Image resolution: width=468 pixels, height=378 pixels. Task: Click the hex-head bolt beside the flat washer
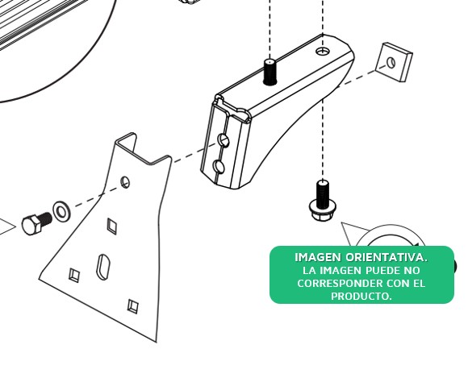click(x=36, y=223)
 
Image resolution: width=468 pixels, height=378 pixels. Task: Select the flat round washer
click(x=62, y=212)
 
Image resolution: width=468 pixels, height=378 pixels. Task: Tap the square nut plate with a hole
click(x=394, y=62)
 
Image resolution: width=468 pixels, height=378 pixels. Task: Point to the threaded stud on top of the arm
click(x=270, y=73)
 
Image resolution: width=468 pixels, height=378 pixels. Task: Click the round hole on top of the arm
click(x=323, y=52)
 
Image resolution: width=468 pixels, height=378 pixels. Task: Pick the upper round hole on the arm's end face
click(x=224, y=140)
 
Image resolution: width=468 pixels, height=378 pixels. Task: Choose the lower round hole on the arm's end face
click(x=219, y=166)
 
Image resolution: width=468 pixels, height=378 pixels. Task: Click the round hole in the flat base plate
click(x=125, y=182)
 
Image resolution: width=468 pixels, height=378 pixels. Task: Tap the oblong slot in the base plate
click(x=103, y=267)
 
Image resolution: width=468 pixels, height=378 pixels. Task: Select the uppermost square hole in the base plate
click(x=112, y=226)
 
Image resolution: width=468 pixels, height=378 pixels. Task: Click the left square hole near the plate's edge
click(x=74, y=275)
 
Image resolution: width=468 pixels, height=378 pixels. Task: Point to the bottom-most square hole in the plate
click(x=133, y=306)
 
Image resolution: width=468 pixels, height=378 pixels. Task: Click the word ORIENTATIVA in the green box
click(x=387, y=257)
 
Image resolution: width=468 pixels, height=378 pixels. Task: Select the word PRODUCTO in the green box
click(x=361, y=296)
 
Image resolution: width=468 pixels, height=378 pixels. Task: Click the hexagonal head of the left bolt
click(x=31, y=225)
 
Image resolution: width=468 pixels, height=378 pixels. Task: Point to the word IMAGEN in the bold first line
click(x=318, y=257)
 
